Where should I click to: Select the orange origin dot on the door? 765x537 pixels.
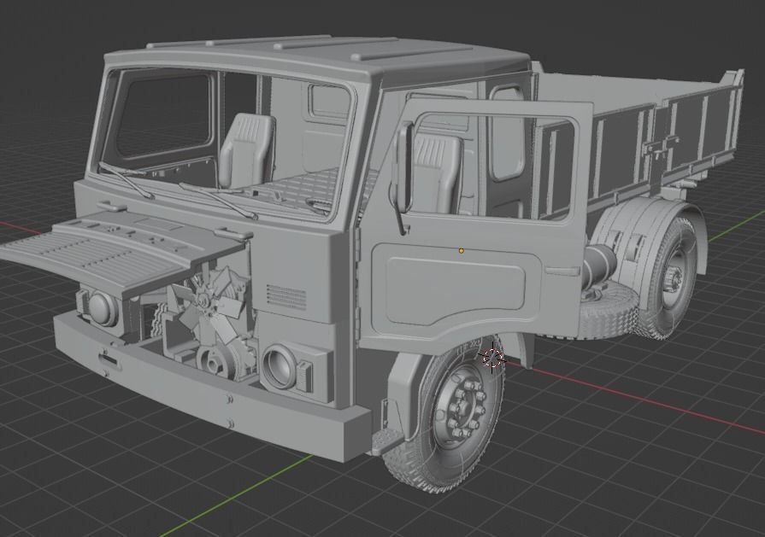(462, 251)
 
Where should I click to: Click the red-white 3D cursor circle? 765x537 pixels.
(493, 358)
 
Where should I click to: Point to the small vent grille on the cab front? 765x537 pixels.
(286, 296)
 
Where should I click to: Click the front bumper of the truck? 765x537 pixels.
(205, 393)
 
